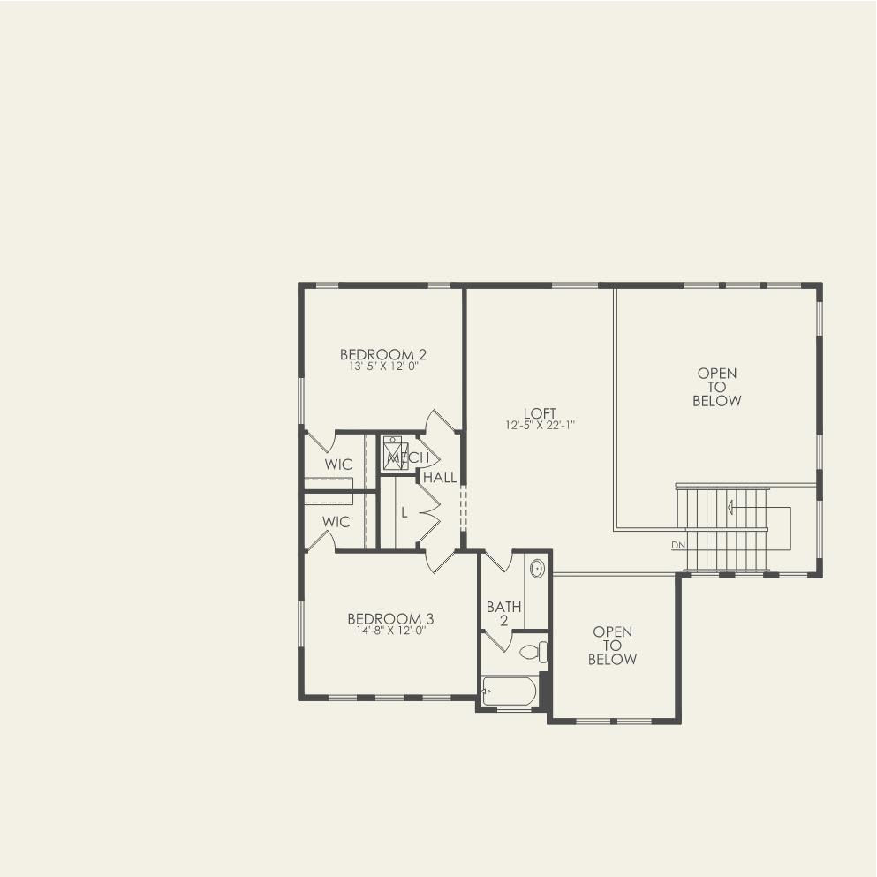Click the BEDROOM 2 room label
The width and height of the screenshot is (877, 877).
point(383,355)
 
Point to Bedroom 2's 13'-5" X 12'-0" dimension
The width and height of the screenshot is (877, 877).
point(383,367)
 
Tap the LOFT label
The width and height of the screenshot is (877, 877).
point(540,413)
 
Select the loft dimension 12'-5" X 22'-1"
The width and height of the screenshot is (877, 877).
point(540,425)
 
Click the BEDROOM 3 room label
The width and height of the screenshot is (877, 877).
point(389,619)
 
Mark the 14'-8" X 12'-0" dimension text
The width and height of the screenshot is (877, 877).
point(389,631)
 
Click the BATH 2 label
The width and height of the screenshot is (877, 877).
point(503,614)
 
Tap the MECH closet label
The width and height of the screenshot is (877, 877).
point(408,457)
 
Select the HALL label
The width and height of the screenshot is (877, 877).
point(440,478)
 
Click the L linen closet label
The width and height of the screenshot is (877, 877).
point(404,512)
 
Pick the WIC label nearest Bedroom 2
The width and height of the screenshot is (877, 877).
point(338,465)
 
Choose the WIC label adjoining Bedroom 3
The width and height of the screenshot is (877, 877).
point(336,522)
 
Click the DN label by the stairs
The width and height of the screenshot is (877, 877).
point(677,545)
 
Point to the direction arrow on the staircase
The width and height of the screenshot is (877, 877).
point(732,508)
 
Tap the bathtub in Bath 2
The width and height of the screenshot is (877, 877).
point(510,691)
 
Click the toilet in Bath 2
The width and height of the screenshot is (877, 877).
point(533,653)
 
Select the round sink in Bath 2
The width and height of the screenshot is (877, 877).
point(537,568)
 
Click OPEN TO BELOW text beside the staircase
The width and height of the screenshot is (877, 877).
point(716,387)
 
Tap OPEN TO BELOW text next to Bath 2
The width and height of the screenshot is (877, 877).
point(612,646)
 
